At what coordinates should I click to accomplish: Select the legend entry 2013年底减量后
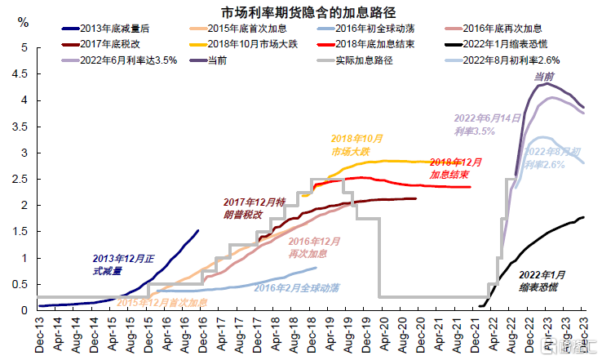pyautogui.click(x=115, y=29)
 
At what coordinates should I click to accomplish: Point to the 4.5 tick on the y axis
pyautogui.click(x=21, y=74)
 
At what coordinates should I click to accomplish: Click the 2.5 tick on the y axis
pyautogui.click(x=21, y=179)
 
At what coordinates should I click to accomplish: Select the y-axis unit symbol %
pyautogui.click(x=22, y=20)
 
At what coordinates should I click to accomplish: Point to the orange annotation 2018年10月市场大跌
pyautogui.click(x=356, y=145)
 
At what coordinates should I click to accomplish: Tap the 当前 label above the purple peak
pyautogui.click(x=544, y=76)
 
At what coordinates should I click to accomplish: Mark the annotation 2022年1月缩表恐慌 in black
pyautogui.click(x=541, y=281)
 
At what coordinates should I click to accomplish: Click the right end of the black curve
pyautogui.click(x=584, y=217)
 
